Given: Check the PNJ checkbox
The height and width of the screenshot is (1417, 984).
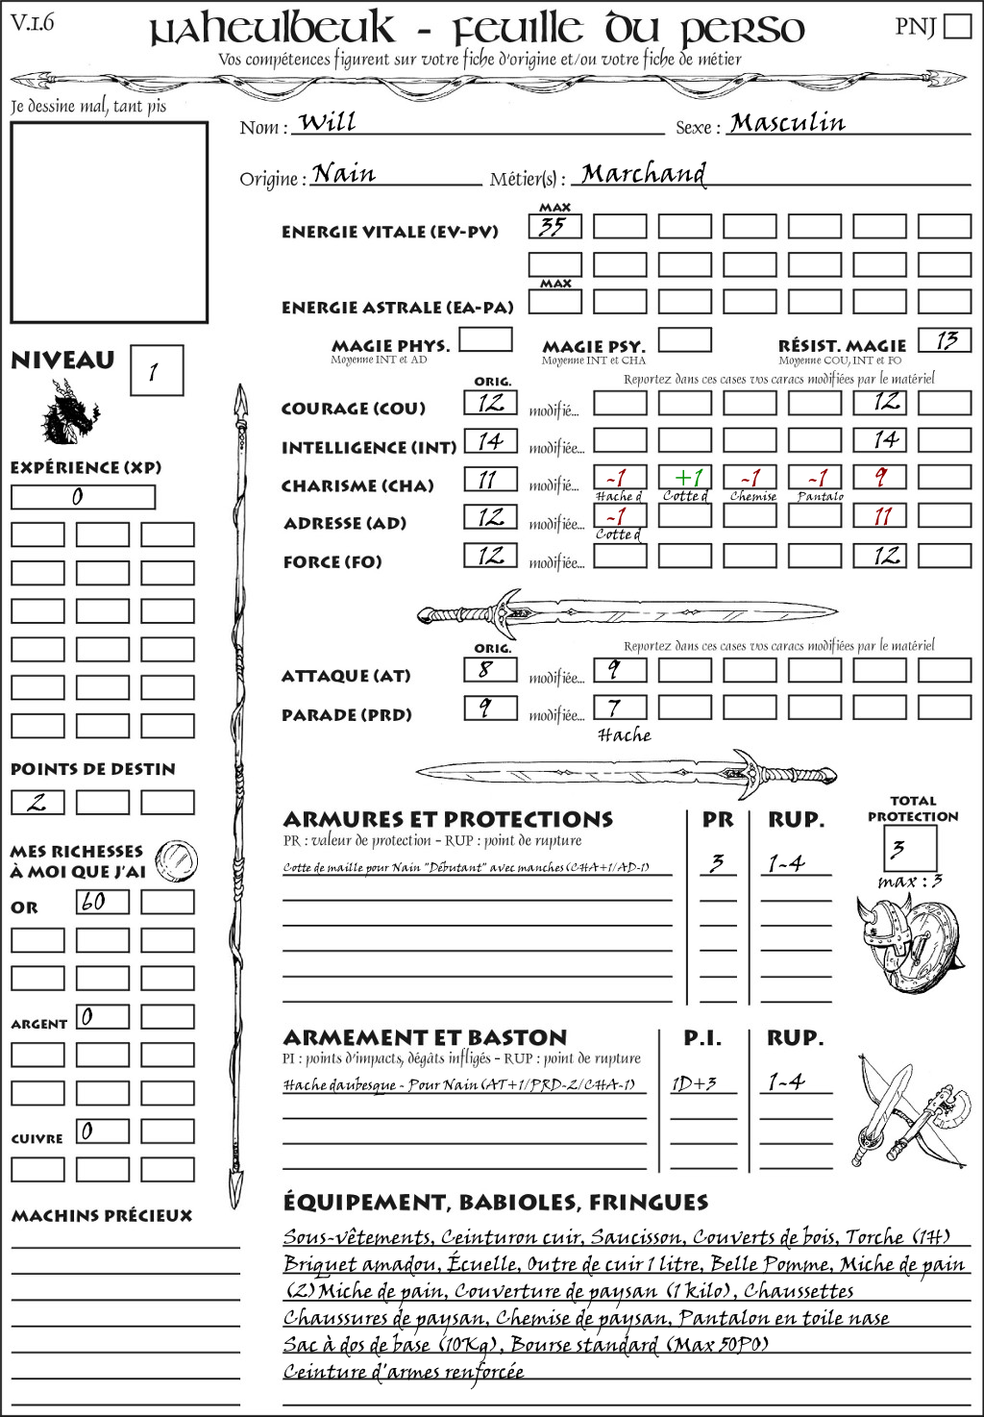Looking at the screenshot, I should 958,26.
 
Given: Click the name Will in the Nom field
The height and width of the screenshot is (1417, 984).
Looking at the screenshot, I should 327,122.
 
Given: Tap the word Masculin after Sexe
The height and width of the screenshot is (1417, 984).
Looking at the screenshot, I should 787,123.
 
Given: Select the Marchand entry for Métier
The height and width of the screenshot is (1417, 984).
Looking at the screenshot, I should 643,174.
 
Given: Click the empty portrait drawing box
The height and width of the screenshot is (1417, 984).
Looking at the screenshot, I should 109,222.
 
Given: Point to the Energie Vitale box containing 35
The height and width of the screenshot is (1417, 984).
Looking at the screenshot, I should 554,227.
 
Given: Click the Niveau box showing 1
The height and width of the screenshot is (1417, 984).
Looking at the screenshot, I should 157,371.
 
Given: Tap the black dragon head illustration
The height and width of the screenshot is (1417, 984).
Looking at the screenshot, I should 69,412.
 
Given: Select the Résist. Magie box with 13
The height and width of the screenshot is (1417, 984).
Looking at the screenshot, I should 945,340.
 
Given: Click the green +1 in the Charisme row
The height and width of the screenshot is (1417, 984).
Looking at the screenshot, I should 685,477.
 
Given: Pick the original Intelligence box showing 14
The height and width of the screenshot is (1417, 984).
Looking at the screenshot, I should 490,441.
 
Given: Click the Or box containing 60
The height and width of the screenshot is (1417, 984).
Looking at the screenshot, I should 102,902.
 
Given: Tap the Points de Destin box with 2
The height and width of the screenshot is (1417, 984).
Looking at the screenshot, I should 37,802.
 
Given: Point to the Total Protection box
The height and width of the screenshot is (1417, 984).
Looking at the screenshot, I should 910,849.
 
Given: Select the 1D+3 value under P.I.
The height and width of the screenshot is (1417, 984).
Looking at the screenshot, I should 694,1083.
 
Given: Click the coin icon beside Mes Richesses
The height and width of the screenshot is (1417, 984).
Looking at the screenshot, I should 177,859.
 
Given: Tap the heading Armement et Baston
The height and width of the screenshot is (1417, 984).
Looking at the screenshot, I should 425,1038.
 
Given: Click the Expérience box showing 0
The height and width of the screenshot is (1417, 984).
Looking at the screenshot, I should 83,497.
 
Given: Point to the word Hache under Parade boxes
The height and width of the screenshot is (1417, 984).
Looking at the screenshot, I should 624,735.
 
